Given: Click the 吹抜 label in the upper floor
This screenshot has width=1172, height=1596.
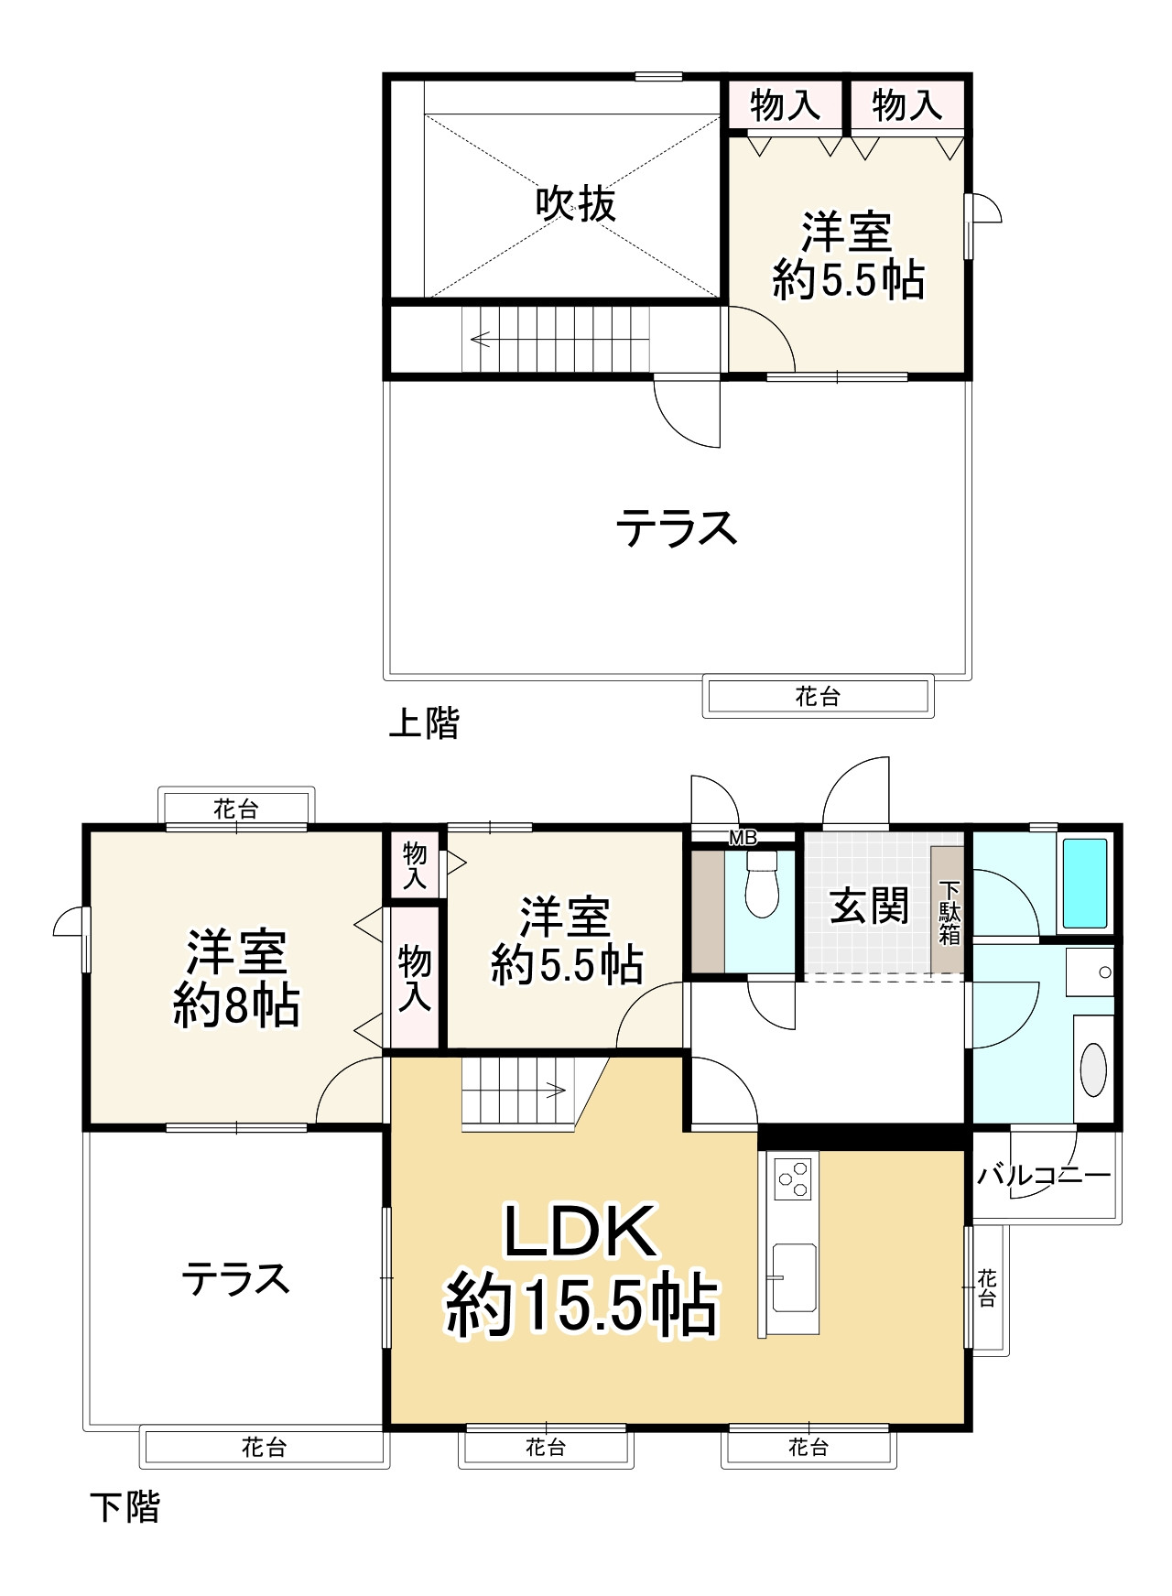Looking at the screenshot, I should click(x=576, y=203).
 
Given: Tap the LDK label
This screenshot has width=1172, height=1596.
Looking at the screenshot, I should click(x=581, y=1232).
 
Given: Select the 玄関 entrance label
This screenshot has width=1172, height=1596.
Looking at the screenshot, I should click(x=869, y=907).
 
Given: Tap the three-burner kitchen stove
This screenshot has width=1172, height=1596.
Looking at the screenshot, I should click(x=793, y=1178).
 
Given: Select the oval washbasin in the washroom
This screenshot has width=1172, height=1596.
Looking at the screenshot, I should click(x=1093, y=1069).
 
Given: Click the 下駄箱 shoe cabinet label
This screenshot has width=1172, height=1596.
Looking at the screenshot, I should click(x=950, y=912).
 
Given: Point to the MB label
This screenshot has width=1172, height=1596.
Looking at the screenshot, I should click(x=743, y=837).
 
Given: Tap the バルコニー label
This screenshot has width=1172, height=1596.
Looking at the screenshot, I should click(x=1044, y=1175).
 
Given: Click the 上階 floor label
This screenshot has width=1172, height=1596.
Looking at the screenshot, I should click(x=424, y=723).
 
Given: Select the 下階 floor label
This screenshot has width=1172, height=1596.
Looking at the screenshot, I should click(x=125, y=1506).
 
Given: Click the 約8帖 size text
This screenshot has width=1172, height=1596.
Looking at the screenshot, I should click(x=236, y=1006).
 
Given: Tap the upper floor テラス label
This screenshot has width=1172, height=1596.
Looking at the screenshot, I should click(x=676, y=529).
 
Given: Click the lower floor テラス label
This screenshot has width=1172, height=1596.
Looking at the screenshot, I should click(x=235, y=1278).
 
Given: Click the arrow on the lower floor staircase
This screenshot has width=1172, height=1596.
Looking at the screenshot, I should click(x=554, y=1090).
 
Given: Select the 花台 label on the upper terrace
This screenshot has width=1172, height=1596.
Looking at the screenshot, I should click(x=817, y=697).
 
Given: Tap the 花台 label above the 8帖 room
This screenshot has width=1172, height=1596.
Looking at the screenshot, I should click(x=235, y=809).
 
